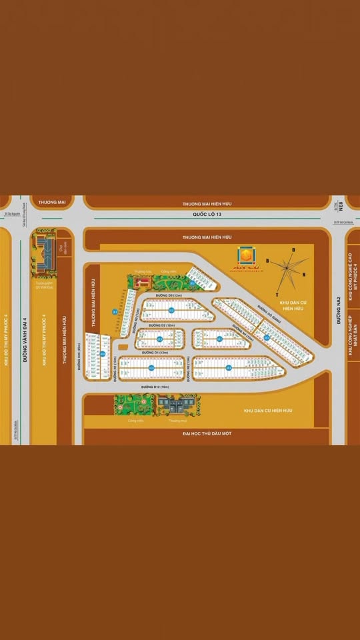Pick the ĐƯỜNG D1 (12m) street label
tap(154, 353)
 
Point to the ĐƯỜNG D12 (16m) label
tap(155, 386)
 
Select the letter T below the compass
tap(277, 293)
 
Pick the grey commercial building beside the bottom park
tap(175, 404)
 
